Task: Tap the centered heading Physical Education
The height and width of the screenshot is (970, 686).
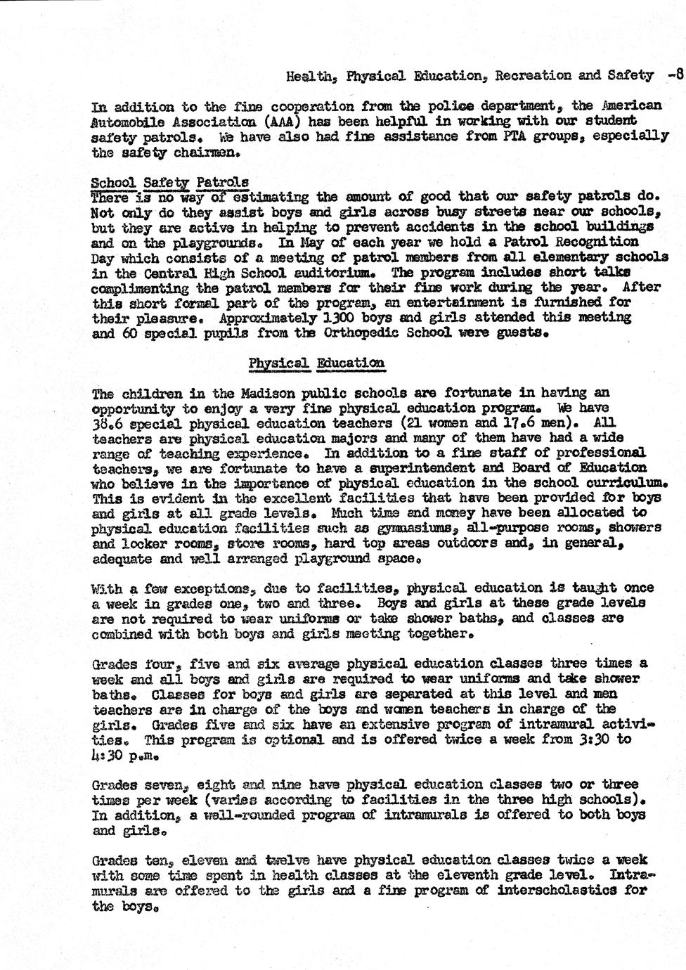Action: pyautogui.click(x=316, y=363)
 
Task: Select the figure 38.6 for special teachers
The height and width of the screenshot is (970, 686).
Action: pyautogui.click(x=110, y=423)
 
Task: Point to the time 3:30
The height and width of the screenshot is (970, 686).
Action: pyautogui.click(x=598, y=739)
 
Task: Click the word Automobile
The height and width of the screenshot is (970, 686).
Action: pyautogui.click(x=131, y=121)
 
